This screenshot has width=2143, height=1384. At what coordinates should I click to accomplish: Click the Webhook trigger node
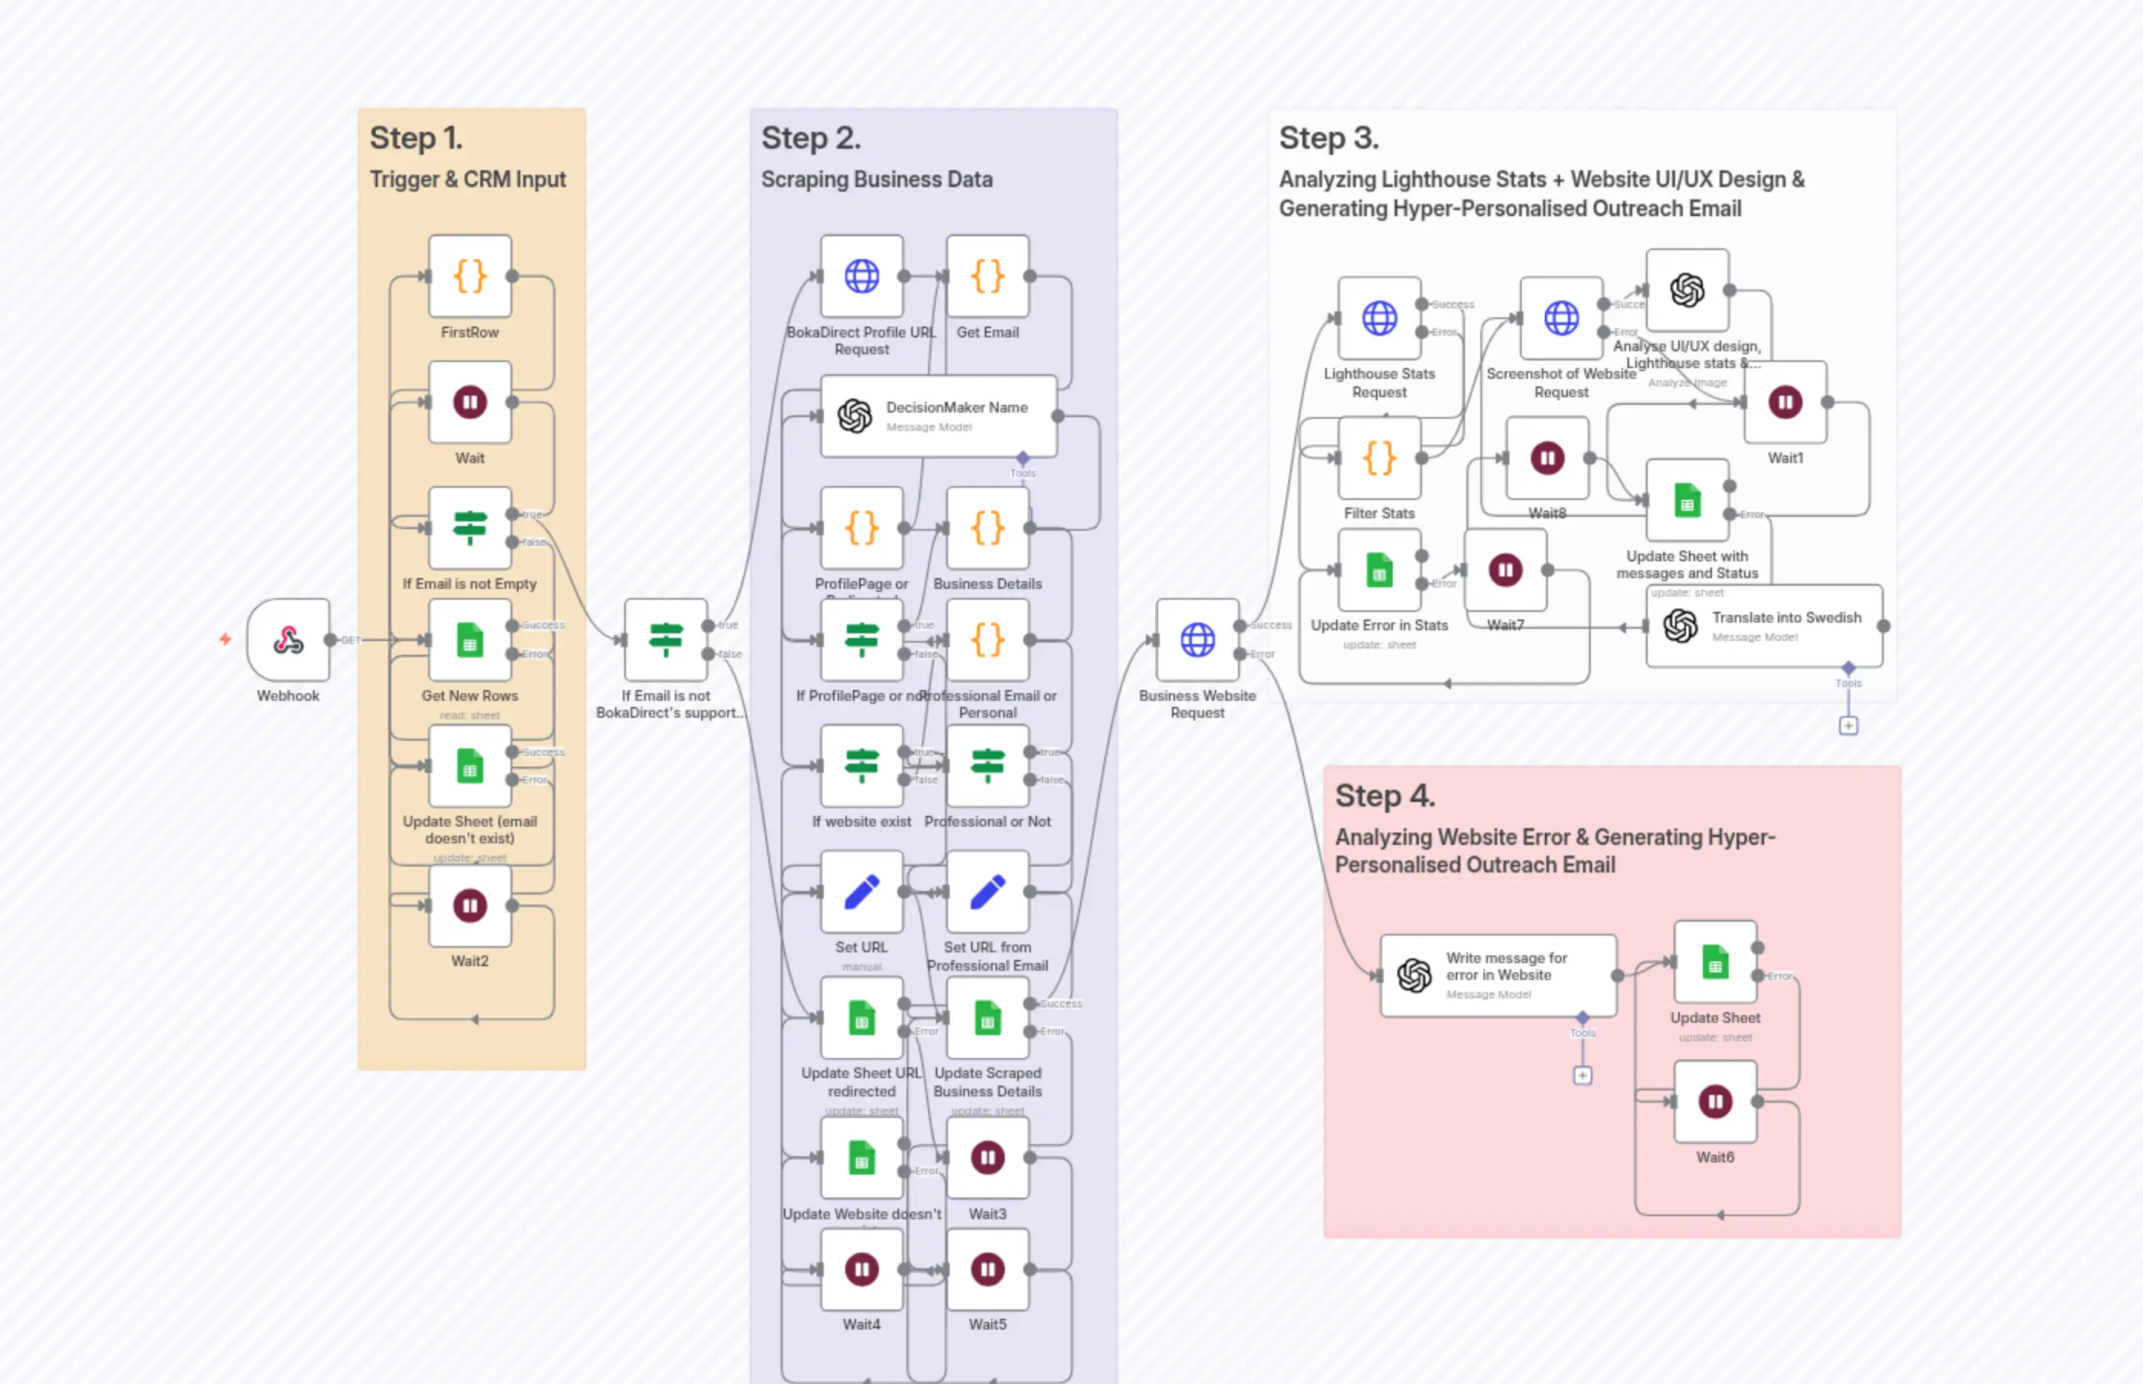(x=288, y=640)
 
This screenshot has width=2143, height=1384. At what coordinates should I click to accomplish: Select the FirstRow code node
(x=469, y=276)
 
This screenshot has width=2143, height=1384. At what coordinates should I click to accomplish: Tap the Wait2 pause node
(x=469, y=905)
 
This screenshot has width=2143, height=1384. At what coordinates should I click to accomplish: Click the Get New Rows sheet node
(x=469, y=640)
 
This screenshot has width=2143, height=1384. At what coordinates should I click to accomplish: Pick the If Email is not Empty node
(x=469, y=528)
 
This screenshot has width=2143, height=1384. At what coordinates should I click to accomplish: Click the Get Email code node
(x=987, y=276)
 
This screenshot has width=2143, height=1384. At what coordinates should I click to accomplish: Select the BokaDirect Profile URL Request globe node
(x=861, y=276)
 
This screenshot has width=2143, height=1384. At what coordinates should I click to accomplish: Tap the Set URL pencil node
(x=861, y=892)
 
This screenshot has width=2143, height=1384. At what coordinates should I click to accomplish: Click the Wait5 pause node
(x=987, y=1269)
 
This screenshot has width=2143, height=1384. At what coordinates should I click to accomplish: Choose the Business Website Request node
(x=1197, y=640)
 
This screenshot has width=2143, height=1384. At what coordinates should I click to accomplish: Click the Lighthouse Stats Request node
(x=1379, y=317)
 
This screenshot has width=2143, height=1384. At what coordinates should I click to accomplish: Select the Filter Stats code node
(x=1379, y=459)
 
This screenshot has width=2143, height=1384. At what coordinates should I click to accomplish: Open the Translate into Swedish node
(x=1763, y=626)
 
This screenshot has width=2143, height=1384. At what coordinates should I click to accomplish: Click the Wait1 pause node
(x=1786, y=402)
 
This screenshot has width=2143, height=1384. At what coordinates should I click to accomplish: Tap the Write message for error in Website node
(x=1498, y=975)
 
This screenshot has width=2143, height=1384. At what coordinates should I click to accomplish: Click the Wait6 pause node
(x=1714, y=1101)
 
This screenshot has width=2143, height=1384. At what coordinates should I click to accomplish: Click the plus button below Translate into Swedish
(x=1848, y=725)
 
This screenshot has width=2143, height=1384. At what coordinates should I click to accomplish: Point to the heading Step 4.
(x=1384, y=795)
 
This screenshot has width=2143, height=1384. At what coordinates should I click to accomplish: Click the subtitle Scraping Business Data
(x=877, y=179)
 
